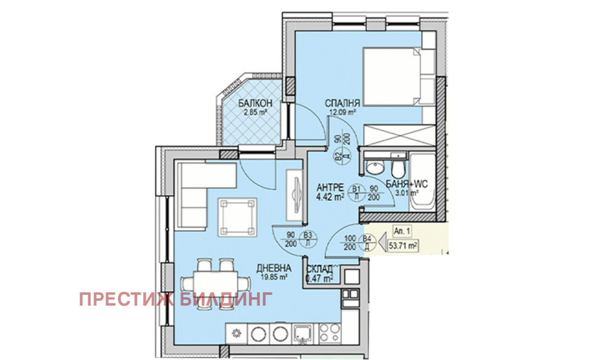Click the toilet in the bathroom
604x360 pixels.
[398, 167]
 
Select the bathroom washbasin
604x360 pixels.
[375, 166]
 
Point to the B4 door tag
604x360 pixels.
[366, 240]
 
